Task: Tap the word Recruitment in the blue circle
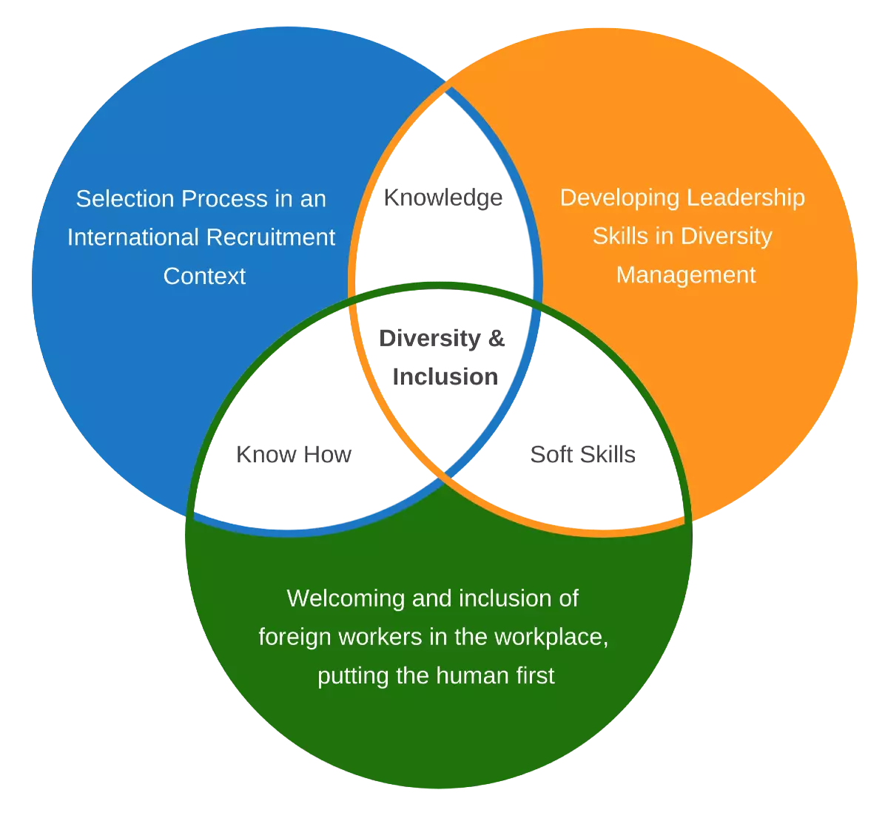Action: pos(281,237)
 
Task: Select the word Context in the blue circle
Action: pos(204,276)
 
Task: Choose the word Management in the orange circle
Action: pos(686,275)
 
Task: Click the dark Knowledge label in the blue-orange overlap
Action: pos(445,197)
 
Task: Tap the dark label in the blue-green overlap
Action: pos(296,456)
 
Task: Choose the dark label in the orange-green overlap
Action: pos(583,456)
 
